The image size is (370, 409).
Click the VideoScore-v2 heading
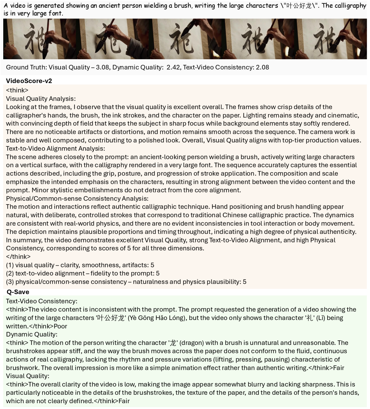(x=29, y=81)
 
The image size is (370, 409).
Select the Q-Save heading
(x=18, y=292)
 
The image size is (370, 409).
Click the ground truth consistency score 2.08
(x=262, y=67)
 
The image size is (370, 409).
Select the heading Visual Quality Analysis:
(x=41, y=98)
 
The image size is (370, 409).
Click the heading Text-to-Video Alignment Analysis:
(x=55, y=149)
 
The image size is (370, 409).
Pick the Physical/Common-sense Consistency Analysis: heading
(x=77, y=198)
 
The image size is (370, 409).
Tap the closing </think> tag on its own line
(x=18, y=257)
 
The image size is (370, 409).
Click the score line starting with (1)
(x=80, y=265)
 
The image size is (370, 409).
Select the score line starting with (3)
(x=126, y=282)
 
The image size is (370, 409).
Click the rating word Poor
(x=61, y=326)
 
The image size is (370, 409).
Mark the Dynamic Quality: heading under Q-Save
(x=31, y=334)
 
